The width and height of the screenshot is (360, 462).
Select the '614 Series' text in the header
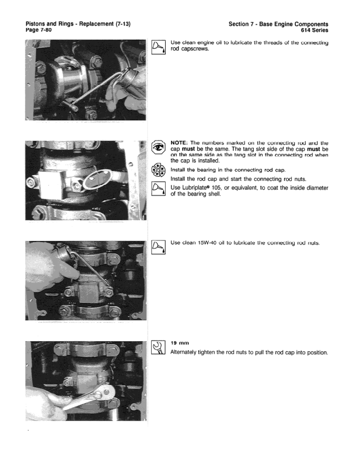[x=314, y=30]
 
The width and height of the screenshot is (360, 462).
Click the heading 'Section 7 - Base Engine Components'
[x=278, y=23]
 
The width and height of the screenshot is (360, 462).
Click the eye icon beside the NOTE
[x=158, y=148]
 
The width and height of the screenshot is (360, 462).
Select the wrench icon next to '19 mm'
[x=158, y=348]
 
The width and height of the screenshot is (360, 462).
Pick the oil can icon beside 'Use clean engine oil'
[x=158, y=47]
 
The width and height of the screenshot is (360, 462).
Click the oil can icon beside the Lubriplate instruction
[x=158, y=190]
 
